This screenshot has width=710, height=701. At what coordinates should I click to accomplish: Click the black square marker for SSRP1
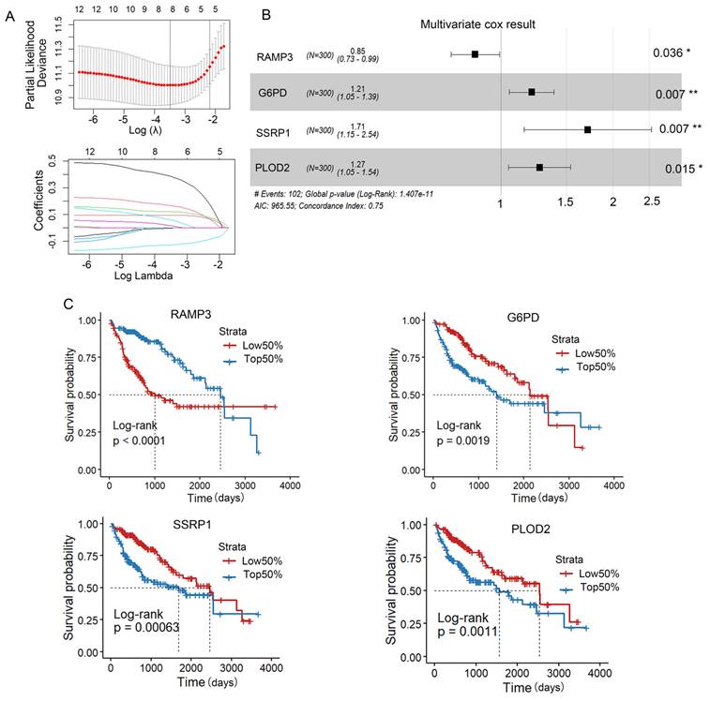587,129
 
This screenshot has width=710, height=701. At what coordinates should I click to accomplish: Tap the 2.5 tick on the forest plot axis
651,201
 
